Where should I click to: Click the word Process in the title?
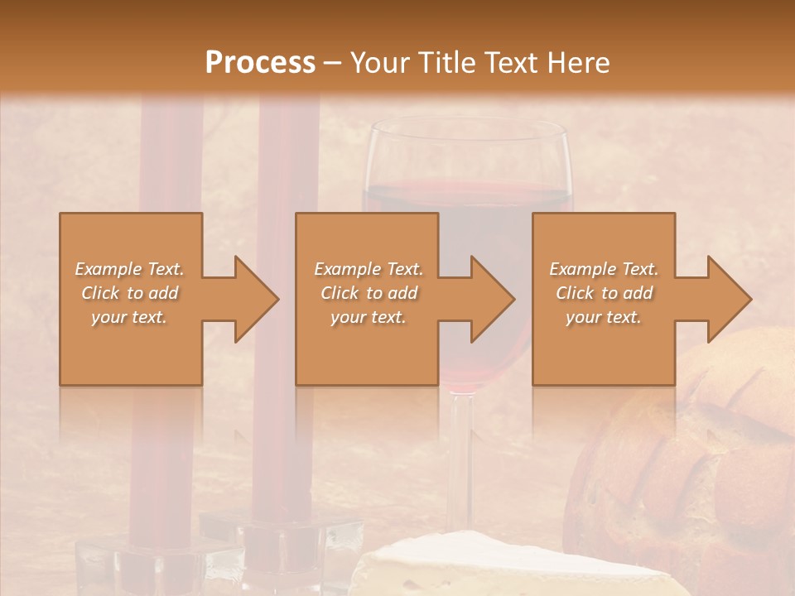260,62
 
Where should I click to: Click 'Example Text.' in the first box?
130,269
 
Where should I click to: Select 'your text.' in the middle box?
368,317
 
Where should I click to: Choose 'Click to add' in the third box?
604,293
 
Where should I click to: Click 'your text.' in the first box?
130,317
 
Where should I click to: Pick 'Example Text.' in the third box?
604,269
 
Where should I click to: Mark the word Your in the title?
378,62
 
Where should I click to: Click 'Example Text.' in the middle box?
368,269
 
